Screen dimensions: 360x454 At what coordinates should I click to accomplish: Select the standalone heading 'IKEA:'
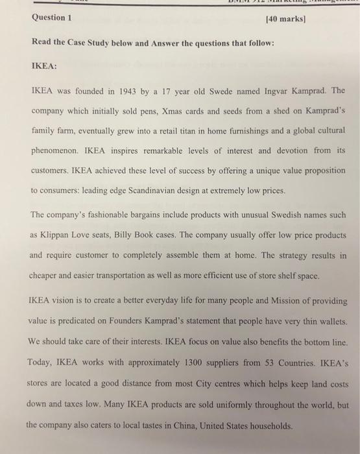(x=44, y=66)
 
